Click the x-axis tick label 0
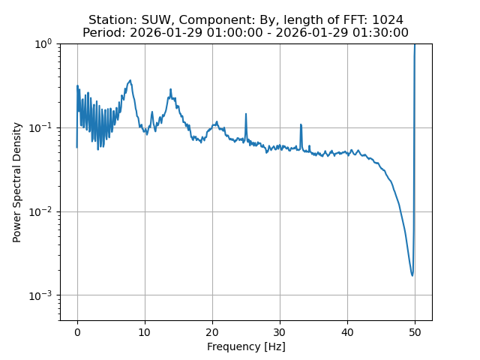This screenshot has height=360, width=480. pyautogui.click(x=77, y=332)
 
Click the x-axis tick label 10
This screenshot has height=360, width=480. pyautogui.click(x=145, y=332)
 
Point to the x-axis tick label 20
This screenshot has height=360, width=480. pyautogui.click(x=212, y=332)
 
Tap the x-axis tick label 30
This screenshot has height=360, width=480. pyautogui.click(x=280, y=332)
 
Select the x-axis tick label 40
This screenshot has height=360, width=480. pyautogui.click(x=347, y=332)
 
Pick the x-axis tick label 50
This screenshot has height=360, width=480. pyautogui.click(x=415, y=332)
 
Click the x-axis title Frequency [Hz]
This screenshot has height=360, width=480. pyautogui.click(x=246, y=346)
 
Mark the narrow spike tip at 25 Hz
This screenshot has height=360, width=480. pyautogui.click(x=246, y=114)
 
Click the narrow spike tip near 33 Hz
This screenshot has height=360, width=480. pyautogui.click(x=301, y=125)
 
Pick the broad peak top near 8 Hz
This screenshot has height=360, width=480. pyautogui.click(x=130, y=80)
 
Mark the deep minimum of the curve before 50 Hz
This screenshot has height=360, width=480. pyautogui.click(x=412, y=275)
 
